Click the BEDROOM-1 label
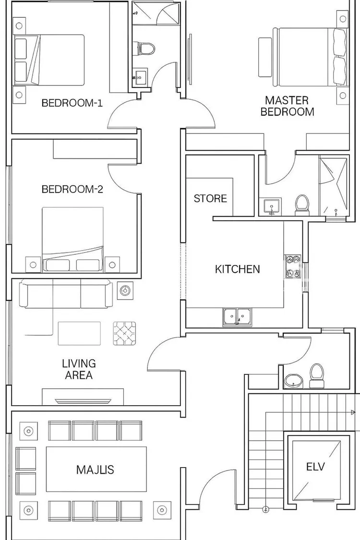click(x=72, y=103)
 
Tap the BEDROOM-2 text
click(x=72, y=189)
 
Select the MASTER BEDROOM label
click(x=288, y=106)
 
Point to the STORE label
click(x=210, y=198)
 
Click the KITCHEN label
click(x=237, y=269)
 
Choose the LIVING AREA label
click(x=79, y=369)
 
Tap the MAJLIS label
click(x=95, y=470)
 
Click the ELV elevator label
click(x=315, y=467)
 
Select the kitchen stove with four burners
click(x=292, y=266)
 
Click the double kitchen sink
click(x=237, y=316)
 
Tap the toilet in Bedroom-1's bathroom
click(x=146, y=48)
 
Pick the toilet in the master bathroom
click(x=302, y=204)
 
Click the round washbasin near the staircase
click(x=293, y=381)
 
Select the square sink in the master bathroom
click(x=273, y=206)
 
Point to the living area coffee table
click(x=79, y=334)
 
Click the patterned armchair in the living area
click(x=124, y=334)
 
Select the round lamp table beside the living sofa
click(x=125, y=291)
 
